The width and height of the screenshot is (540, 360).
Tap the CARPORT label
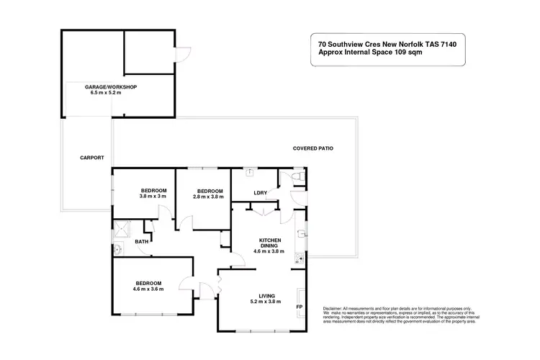pyautogui.click(x=92, y=157)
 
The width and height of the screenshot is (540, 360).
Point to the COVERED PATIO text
pyautogui.click(x=312, y=148)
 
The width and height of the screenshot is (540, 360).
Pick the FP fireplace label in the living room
pyautogui.click(x=299, y=307)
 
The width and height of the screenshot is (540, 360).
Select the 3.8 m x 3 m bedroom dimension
pyautogui.click(x=153, y=197)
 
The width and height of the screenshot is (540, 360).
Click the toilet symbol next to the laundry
pyautogui.click(x=300, y=176)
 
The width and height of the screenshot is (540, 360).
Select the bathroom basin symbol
pyautogui.click(x=117, y=250)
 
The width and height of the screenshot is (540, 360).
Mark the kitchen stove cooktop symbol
pyautogui.click(x=305, y=254)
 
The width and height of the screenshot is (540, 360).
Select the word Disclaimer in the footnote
pyautogui.click(x=324, y=307)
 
